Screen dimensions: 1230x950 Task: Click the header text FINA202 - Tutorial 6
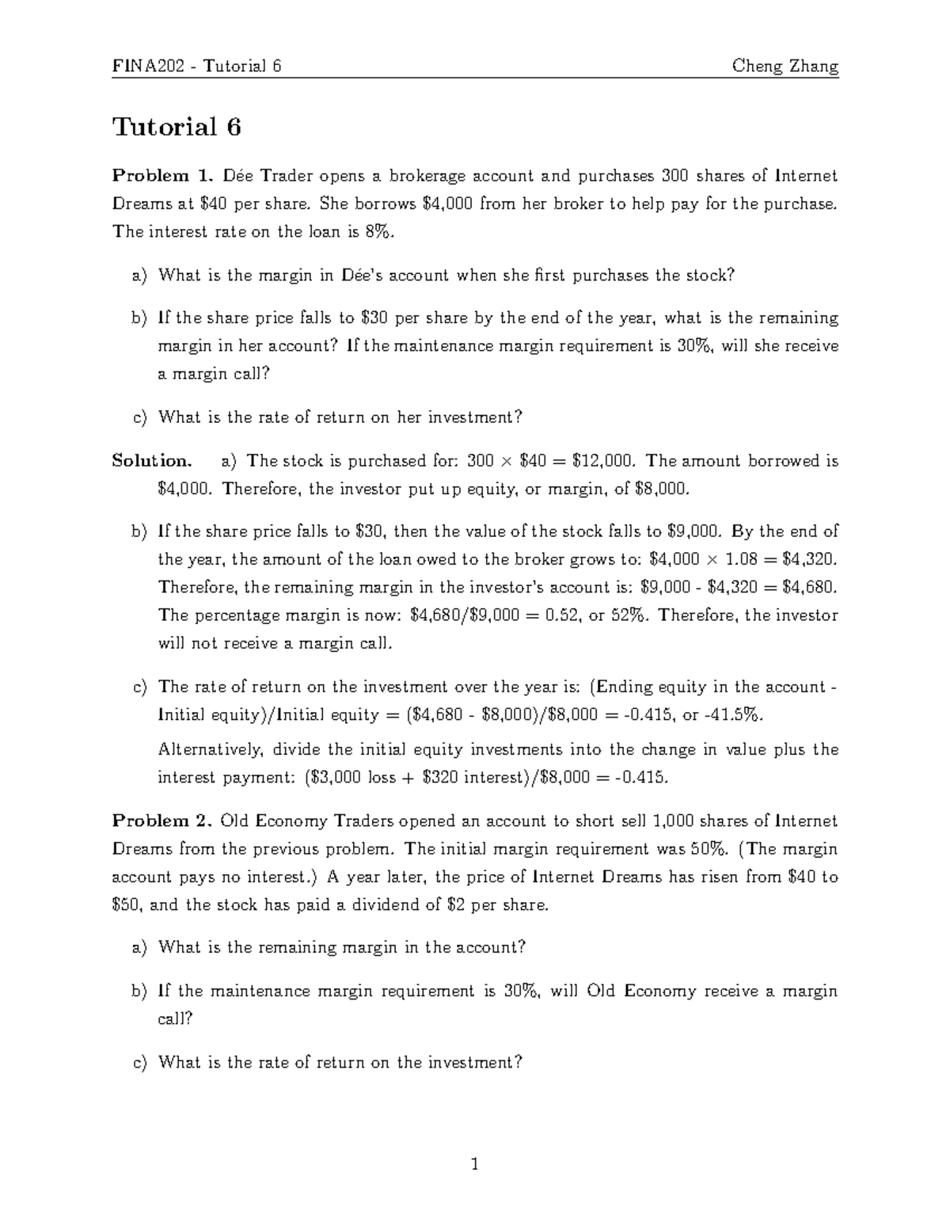tap(197, 66)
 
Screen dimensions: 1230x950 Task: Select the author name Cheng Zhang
tap(785, 66)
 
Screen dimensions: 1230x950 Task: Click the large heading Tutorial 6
tap(177, 127)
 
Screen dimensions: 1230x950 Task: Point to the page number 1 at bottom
tap(475, 1164)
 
